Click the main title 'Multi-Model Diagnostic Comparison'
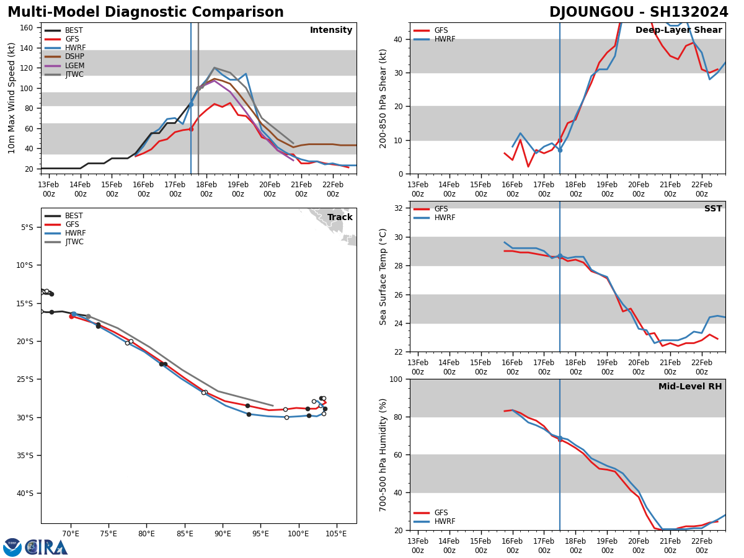click(145, 12)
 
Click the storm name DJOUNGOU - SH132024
click(639, 12)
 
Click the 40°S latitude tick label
click(23, 494)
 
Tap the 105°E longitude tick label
click(336, 534)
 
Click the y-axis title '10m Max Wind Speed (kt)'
click(12, 98)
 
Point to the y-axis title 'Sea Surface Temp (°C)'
click(384, 277)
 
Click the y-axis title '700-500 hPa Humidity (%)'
click(384, 454)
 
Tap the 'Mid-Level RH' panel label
click(689, 387)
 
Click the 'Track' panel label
click(340, 218)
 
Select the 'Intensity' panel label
click(330, 30)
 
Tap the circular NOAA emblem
click(12, 547)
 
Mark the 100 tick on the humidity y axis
click(395, 379)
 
